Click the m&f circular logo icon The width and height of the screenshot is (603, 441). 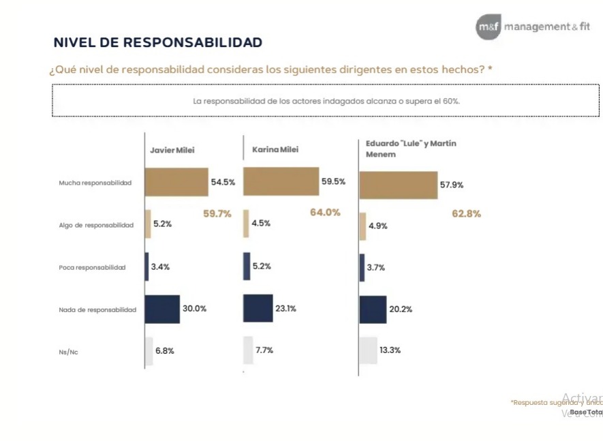pyautogui.click(x=489, y=27)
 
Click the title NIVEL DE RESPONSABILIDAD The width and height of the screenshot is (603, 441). pyautogui.click(x=158, y=43)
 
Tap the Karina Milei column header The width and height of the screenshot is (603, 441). pyautogui.click(x=275, y=150)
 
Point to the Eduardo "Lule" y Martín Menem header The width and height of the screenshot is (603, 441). pyautogui.click(x=411, y=149)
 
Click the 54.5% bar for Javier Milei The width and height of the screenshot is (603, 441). pyautogui.click(x=176, y=183)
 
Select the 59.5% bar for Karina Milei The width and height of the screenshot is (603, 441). pyautogui.click(x=281, y=182)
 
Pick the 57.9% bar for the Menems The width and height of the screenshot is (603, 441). pyautogui.click(x=398, y=185)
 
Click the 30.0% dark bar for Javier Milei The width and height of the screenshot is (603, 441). pyautogui.click(x=162, y=309)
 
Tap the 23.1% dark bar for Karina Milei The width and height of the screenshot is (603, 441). pyautogui.click(x=258, y=308)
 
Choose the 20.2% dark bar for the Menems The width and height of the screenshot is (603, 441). pyautogui.click(x=373, y=309)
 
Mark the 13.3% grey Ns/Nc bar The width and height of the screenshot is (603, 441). pyautogui.click(x=368, y=351)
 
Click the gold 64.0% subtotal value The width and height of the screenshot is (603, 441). pyautogui.click(x=325, y=213)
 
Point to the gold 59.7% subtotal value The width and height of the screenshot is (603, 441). pyautogui.click(x=217, y=214)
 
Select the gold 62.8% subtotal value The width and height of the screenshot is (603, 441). pyautogui.click(x=466, y=214)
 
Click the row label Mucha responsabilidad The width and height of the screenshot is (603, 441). pyautogui.click(x=95, y=183)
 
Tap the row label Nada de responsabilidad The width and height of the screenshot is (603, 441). pyautogui.click(x=97, y=310)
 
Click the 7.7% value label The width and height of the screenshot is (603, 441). pyautogui.click(x=264, y=351)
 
